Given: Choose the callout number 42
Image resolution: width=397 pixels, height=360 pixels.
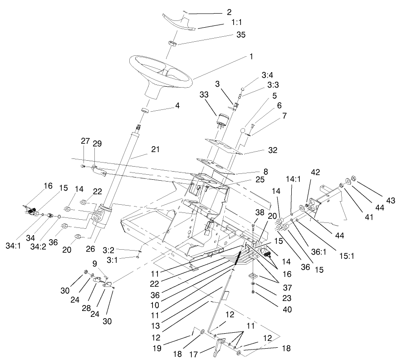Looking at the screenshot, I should pos(315,172).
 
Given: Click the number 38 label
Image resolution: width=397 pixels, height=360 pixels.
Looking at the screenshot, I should pos(259,212).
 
